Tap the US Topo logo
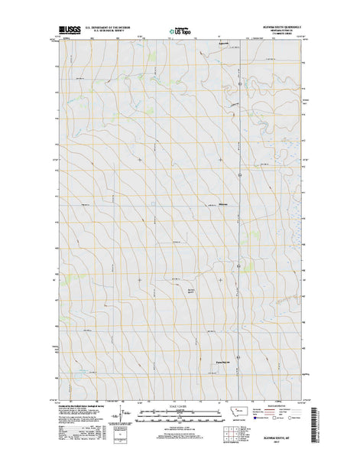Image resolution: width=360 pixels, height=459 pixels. [180, 33]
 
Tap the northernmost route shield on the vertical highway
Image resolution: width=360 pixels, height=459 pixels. [239, 176]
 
